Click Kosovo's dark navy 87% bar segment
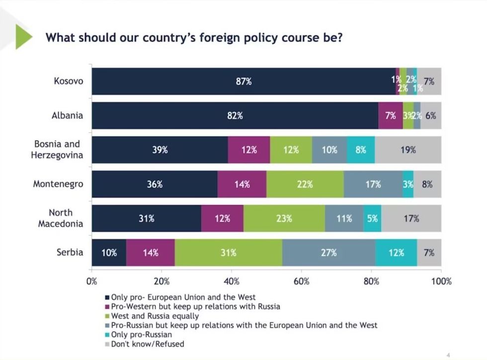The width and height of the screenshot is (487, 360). [x=243, y=81]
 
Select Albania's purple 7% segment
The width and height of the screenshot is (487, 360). [x=390, y=116]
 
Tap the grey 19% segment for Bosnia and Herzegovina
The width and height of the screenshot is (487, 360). [x=408, y=150]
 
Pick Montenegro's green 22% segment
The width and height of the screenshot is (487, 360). [x=305, y=184]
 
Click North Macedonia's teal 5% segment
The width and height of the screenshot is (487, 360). [x=372, y=218]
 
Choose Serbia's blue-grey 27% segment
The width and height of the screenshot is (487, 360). [x=328, y=253]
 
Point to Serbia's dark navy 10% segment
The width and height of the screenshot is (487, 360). [x=109, y=253]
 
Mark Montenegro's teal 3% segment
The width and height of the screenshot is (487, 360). [x=407, y=184]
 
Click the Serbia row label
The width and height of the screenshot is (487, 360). [x=70, y=252]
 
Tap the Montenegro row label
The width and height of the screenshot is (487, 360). [x=58, y=184]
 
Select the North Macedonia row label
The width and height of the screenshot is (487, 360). [x=61, y=218]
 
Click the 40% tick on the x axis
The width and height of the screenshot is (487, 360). [x=232, y=282]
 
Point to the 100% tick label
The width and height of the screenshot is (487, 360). [x=441, y=282]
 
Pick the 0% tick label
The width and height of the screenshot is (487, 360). [x=92, y=282]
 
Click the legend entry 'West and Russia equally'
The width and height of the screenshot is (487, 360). [x=155, y=316]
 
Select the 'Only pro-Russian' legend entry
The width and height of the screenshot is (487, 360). [x=141, y=335]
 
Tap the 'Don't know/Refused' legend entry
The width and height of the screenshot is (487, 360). [x=147, y=344]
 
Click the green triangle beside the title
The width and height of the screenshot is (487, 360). [x=23, y=37]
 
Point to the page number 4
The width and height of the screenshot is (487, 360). [x=448, y=355]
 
